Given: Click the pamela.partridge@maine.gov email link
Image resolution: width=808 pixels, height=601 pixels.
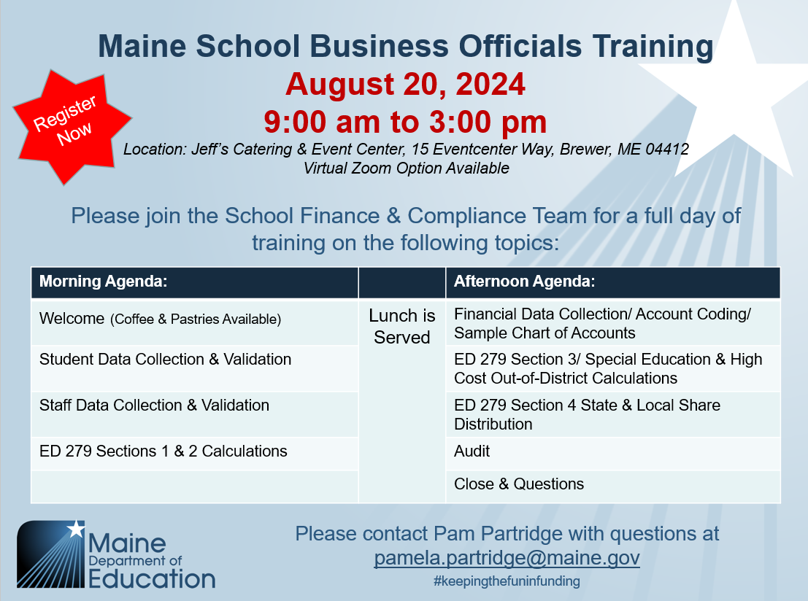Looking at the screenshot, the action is tap(507, 558).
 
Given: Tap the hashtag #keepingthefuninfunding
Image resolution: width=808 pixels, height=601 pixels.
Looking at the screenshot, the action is tap(507, 581).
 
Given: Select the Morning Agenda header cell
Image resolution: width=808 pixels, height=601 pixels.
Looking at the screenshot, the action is tap(195, 282).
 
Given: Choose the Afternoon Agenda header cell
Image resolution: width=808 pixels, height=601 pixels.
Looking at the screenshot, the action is tap(612, 282).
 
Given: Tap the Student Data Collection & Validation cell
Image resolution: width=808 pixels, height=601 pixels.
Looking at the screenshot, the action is tap(195, 368).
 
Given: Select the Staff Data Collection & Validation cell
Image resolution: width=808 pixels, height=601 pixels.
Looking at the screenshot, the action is tap(195, 414).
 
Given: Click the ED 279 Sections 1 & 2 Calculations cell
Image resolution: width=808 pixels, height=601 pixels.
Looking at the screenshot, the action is tap(195, 454).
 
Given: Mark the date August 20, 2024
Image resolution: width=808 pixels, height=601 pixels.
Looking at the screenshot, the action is tap(405, 84).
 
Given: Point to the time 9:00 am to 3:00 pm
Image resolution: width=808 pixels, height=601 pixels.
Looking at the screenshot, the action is tap(405, 122).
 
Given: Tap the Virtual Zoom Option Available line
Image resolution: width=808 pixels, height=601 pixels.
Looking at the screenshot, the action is tap(406, 168).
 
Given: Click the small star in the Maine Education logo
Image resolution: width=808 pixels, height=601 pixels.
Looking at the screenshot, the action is tap(76, 528).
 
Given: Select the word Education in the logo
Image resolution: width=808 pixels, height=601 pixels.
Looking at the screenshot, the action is tap(152, 579).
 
